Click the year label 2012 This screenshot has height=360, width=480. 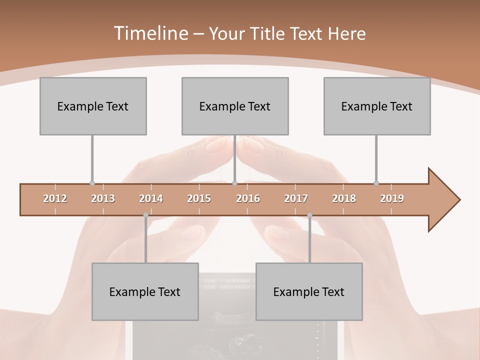click(55, 198)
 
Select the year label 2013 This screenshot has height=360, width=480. click(103, 198)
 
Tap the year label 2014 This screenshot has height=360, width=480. click(151, 198)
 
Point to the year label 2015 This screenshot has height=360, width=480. click(199, 198)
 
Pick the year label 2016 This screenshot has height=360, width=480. click(248, 198)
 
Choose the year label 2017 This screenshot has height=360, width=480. click(296, 198)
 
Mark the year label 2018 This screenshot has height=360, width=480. click(344, 198)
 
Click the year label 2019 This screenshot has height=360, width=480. click(392, 198)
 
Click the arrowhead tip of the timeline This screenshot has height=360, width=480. click(458, 200)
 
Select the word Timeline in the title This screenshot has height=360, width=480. click(150, 33)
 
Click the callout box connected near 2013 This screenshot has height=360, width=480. click(93, 106)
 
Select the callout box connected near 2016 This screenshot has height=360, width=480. click(235, 106)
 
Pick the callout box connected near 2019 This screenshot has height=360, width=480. click(377, 106)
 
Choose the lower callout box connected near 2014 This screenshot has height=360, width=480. click(145, 291)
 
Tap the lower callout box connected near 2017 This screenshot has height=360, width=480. click(309, 291)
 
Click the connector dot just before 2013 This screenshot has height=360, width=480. click(92, 183)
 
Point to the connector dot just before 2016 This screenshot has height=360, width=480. click(234, 183)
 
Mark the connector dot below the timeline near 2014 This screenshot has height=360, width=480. click(145, 215)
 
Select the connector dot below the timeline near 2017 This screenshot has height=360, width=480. click(309, 215)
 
